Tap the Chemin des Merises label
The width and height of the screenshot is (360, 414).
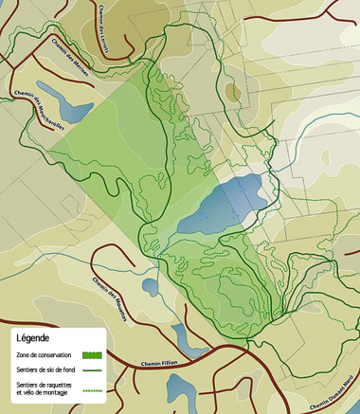click(73, 67)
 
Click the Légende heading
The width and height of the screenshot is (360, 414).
click(33, 337)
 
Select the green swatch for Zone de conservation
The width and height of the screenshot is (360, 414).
click(91, 354)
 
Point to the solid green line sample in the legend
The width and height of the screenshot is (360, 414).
click(91, 369)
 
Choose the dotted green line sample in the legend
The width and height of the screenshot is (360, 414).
click(91, 388)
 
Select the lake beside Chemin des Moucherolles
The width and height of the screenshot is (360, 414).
click(55, 98)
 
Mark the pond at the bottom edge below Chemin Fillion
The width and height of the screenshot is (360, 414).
click(181, 389)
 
